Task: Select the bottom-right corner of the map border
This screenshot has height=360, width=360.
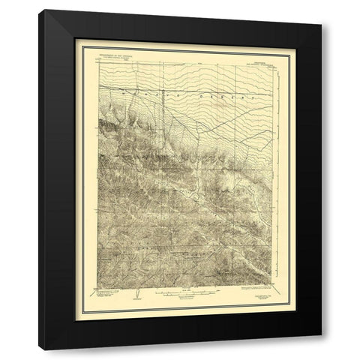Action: (x=279, y=285)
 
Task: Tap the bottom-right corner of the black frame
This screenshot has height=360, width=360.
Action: (x=322, y=350)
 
